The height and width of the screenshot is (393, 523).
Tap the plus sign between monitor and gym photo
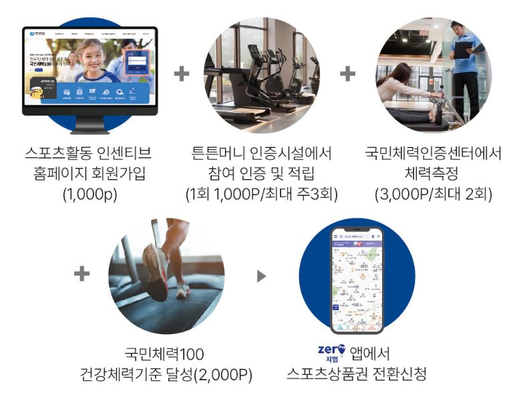click(182, 74)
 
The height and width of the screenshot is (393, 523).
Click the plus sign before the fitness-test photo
click(347, 74)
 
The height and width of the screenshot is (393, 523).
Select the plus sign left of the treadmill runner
click(81, 273)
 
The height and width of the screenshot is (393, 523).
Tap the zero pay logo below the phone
click(332, 352)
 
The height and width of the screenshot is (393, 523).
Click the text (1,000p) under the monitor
click(90, 194)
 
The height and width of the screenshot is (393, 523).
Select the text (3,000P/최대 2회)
click(433, 194)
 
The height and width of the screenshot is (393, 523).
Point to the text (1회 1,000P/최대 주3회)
click(262, 194)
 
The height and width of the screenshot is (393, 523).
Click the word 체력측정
click(433, 174)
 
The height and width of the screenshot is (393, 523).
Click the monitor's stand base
click(90, 128)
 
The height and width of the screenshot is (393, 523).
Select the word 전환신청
click(401, 373)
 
